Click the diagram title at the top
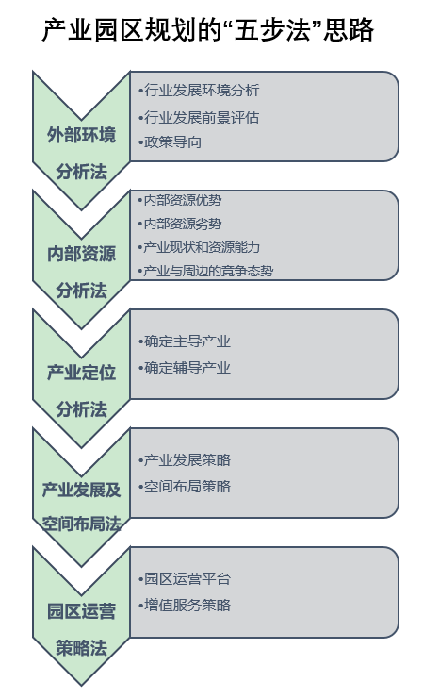pos(208,30)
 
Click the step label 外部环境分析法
pos(81,153)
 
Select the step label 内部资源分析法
pos(81,272)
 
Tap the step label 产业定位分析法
pos(81,391)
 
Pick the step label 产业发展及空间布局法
pos(81,507)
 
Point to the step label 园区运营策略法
pos(81,629)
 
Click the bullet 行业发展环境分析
pos(199,91)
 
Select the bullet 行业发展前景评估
pos(199,118)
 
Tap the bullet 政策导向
pos(170,142)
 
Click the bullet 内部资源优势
pos(179,200)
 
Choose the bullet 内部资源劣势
pos(179,224)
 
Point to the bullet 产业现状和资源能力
pos(199,247)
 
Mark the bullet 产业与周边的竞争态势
pos(205,271)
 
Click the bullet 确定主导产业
pos(185,341)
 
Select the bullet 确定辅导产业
pos(185,368)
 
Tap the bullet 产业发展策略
pos(185,460)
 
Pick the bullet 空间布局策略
pos(185,487)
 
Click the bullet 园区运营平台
pos(185,579)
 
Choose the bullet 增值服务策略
pos(185,606)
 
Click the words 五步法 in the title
pos(273,30)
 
